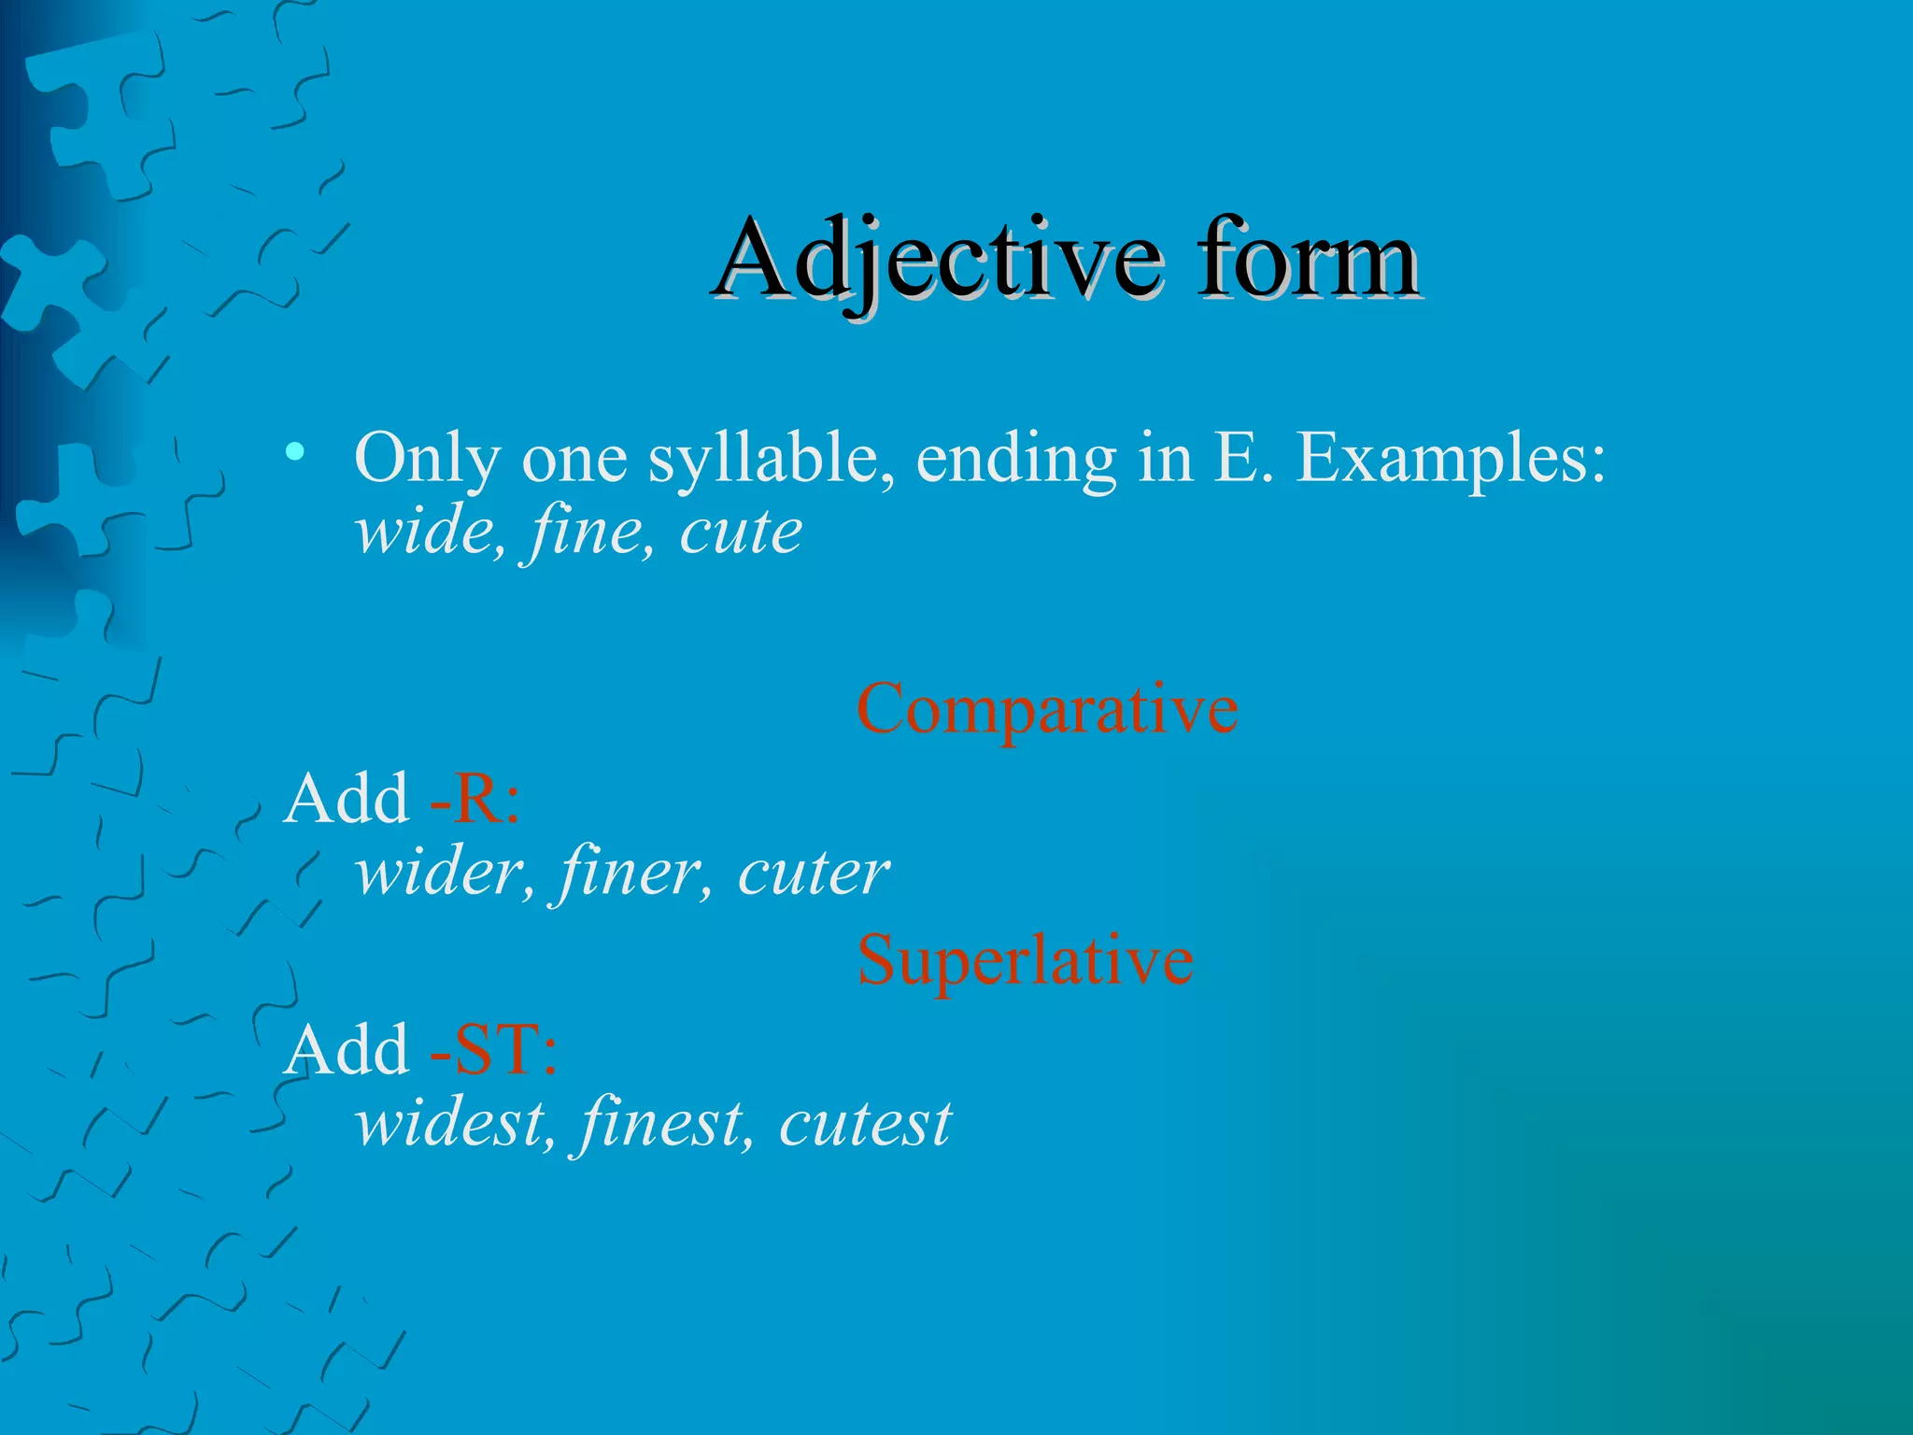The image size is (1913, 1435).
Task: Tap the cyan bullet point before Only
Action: click(295, 454)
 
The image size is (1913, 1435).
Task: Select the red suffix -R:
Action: click(475, 800)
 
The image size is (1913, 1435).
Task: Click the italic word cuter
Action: click(813, 873)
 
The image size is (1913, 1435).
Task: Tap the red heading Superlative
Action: click(1025, 960)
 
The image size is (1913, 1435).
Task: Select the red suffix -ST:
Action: click(493, 1050)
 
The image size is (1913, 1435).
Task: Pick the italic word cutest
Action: click(865, 1123)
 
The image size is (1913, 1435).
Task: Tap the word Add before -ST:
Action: click(347, 1050)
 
